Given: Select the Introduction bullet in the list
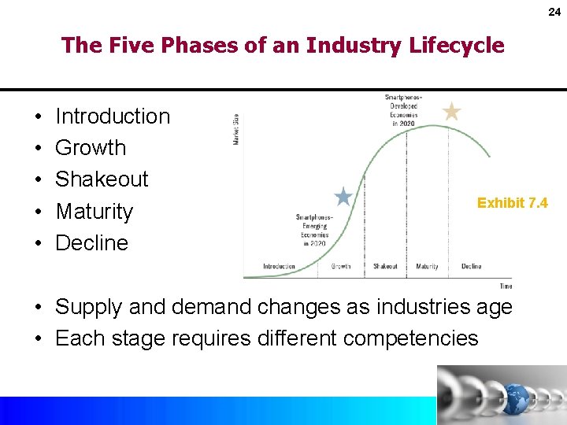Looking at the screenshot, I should click(x=113, y=116).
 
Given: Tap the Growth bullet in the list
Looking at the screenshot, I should click(x=91, y=148).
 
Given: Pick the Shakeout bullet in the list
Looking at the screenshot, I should click(x=102, y=179).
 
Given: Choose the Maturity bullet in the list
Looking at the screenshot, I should click(x=94, y=212).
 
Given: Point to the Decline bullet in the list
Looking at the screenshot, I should click(x=91, y=243).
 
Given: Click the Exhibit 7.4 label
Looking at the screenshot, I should click(x=513, y=203).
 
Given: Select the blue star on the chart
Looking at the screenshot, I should click(x=343, y=196).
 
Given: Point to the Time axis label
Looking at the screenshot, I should click(x=506, y=286).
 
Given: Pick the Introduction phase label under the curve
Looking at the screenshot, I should click(x=279, y=267).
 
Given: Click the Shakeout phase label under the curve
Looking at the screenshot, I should click(x=385, y=267).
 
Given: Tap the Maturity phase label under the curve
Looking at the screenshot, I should click(x=427, y=267).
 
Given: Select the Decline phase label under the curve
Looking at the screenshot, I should click(x=471, y=267).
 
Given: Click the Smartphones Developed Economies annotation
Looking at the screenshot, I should click(x=402, y=110).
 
